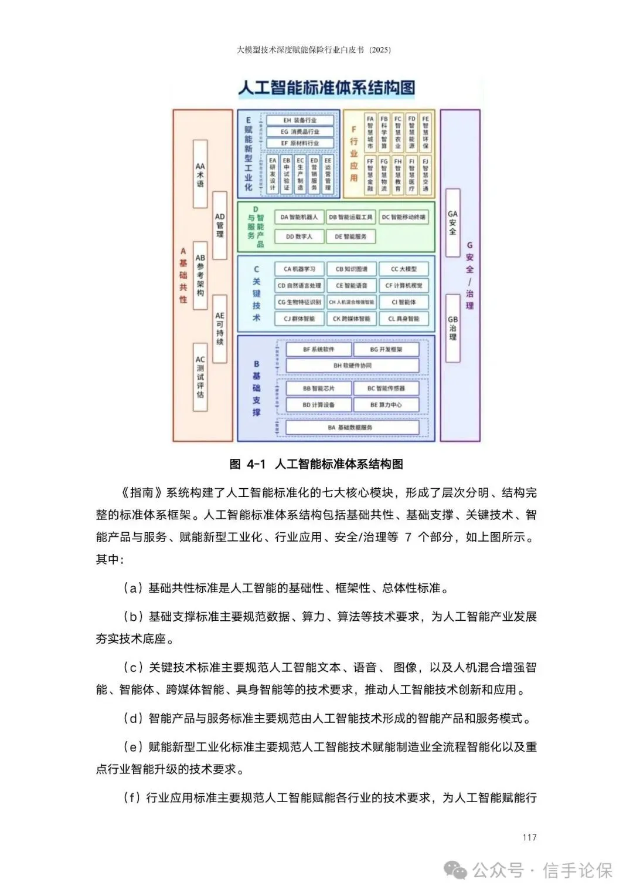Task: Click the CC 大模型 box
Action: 404,269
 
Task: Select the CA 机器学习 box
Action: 299,269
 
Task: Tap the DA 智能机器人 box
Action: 299,217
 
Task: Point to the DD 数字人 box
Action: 299,236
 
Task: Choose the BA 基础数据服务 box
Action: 352,427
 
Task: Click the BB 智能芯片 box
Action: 318,388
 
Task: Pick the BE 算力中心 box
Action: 386,405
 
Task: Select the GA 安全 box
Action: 452,223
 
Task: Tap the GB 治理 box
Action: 452,328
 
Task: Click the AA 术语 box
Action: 200,174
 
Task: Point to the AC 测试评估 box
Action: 200,377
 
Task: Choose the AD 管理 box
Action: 220,225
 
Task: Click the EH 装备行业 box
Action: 300,120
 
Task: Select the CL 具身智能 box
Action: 404,319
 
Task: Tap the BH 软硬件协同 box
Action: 352,366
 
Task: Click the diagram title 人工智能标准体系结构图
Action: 326,88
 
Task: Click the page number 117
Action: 529,837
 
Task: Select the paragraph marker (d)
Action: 133,718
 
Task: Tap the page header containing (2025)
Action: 314,50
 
